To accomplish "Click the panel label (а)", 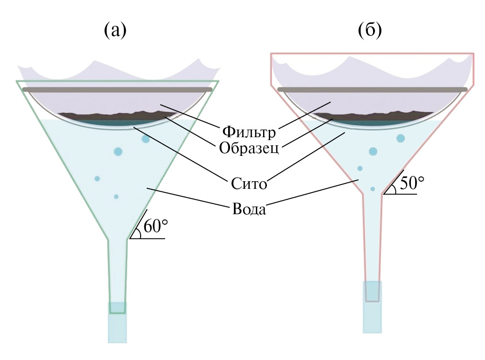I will pyautogui.click(x=115, y=31).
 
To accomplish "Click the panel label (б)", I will pyautogui.click(x=370, y=31).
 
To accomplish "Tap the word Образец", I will pyautogui.click(x=249, y=147).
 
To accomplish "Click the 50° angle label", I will pyautogui.click(x=412, y=183).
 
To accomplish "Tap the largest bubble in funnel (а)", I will pyautogui.click(x=118, y=152).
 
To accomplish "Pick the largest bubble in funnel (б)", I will pyautogui.click(x=373, y=152).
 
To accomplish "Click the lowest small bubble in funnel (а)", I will pyautogui.click(x=116, y=196).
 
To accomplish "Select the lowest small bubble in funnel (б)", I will pyautogui.click(x=373, y=189).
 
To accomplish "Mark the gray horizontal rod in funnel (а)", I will pyautogui.click(x=117, y=89).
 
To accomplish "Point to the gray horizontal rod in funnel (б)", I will pyautogui.click(x=373, y=89).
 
